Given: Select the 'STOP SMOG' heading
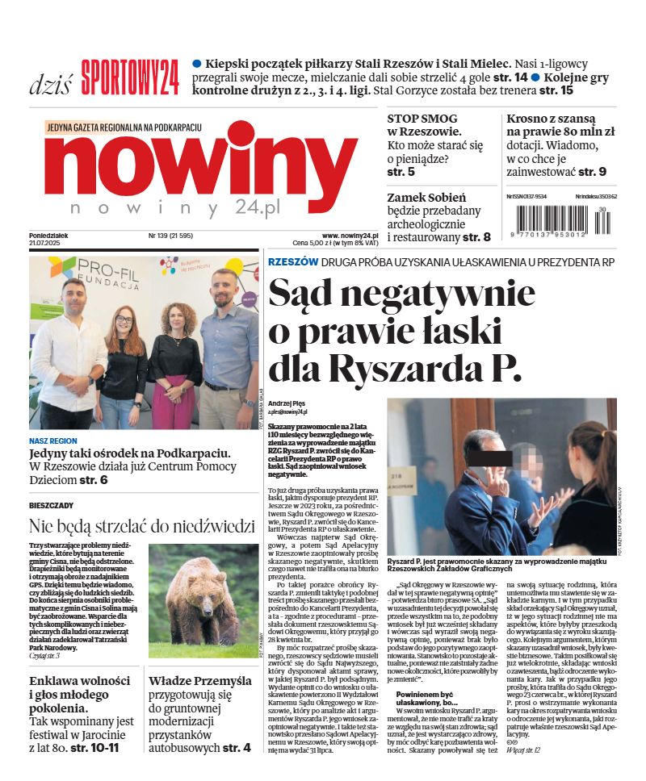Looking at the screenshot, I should coord(422,119).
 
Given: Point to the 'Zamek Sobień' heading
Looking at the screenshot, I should coord(426,197).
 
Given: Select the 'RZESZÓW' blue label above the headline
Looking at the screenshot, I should coord(292,262).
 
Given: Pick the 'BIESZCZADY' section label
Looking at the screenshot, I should coord(51,505).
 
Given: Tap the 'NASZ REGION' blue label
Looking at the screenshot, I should coord(53,441).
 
